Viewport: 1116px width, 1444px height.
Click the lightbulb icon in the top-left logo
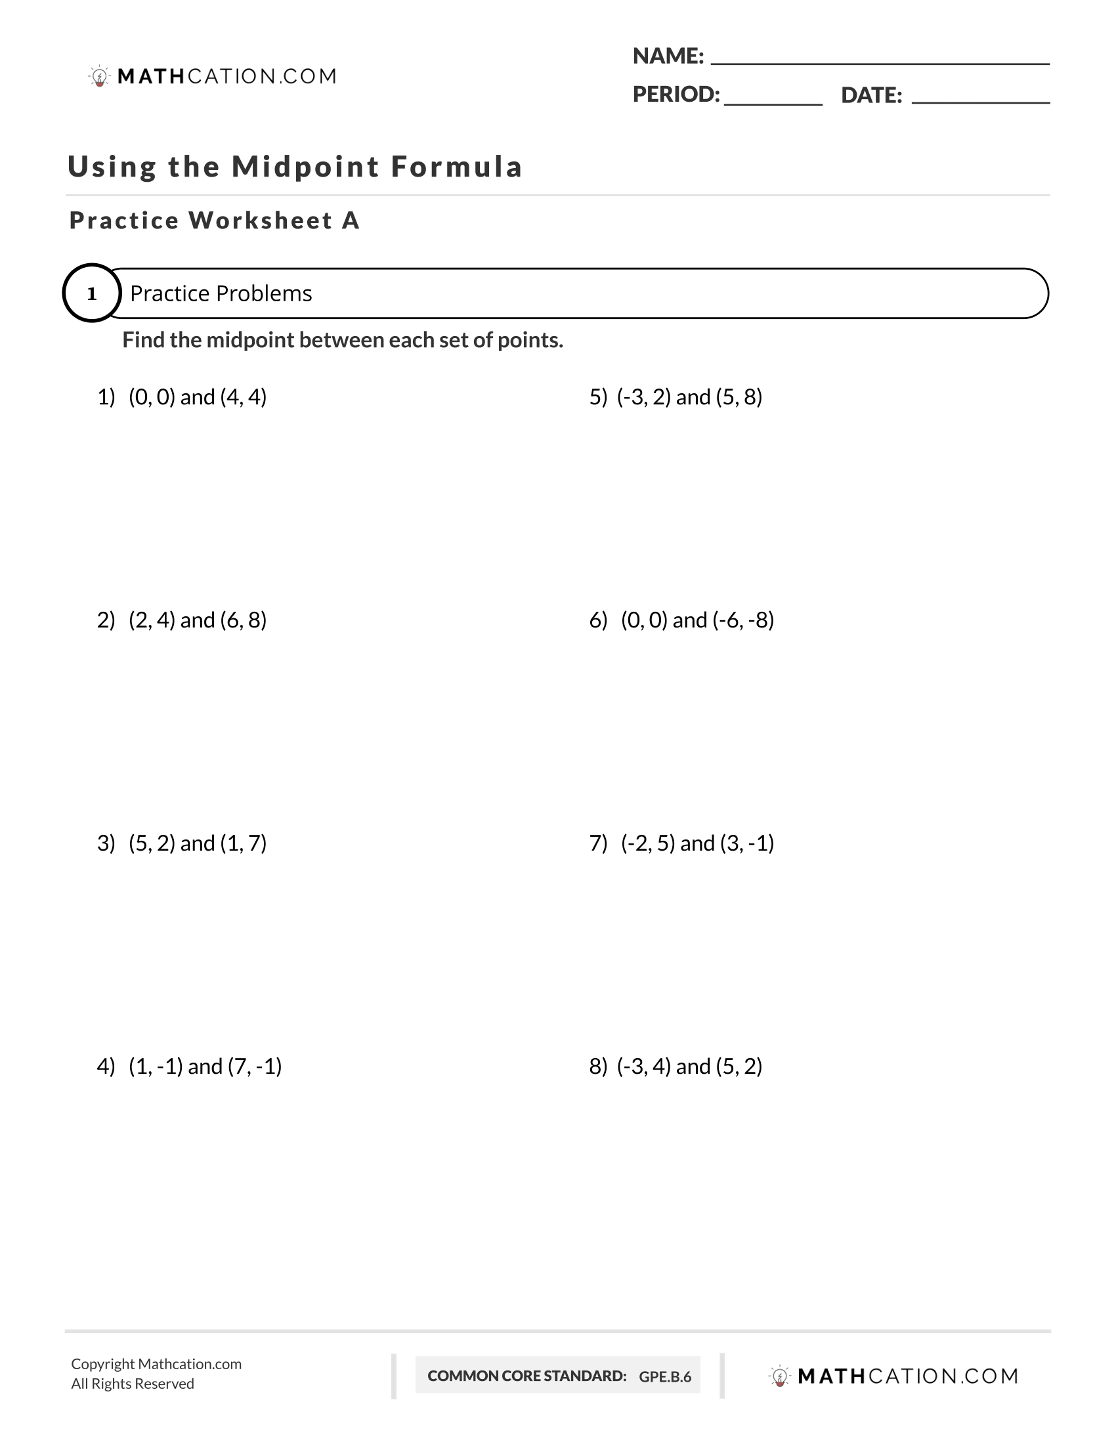(99, 77)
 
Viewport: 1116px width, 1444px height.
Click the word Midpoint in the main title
(305, 167)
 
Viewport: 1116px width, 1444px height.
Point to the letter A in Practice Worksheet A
(351, 221)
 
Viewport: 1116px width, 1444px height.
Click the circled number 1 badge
(92, 293)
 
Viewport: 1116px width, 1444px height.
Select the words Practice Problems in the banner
(221, 293)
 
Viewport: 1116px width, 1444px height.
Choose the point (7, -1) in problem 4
(255, 1067)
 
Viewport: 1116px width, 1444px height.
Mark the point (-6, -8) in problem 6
(743, 620)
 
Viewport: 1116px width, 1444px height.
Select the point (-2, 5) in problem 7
(648, 843)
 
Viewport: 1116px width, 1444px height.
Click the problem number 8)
(597, 1067)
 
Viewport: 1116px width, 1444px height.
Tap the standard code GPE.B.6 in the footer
(664, 1376)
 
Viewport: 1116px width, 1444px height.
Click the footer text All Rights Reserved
(132, 1384)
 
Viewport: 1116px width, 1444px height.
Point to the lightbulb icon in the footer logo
(779, 1376)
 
